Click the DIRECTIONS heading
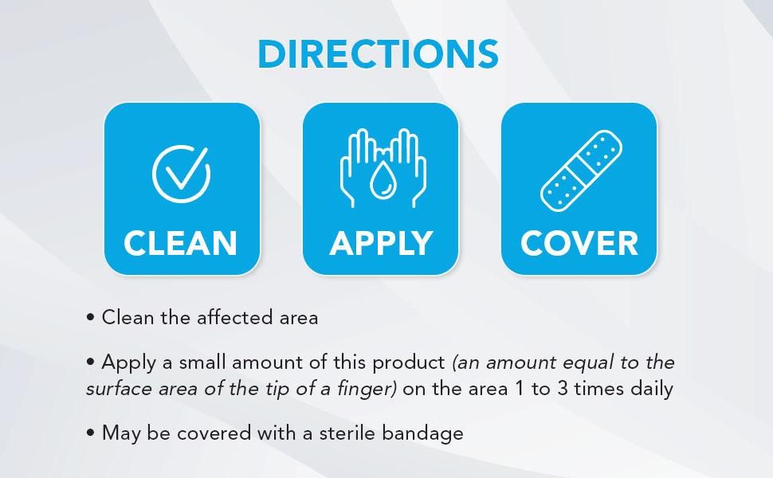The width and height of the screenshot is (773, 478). click(x=378, y=53)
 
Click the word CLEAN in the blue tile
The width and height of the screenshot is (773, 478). click(x=180, y=243)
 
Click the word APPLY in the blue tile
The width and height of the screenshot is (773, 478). click(x=381, y=243)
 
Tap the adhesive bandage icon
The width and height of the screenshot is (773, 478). click(x=581, y=170)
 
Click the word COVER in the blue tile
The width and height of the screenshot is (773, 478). click(x=579, y=243)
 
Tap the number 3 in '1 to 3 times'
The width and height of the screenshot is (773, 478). click(x=563, y=389)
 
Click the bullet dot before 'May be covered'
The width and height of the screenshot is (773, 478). click(x=90, y=433)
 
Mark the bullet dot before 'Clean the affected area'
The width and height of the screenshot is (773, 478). click(x=90, y=318)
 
